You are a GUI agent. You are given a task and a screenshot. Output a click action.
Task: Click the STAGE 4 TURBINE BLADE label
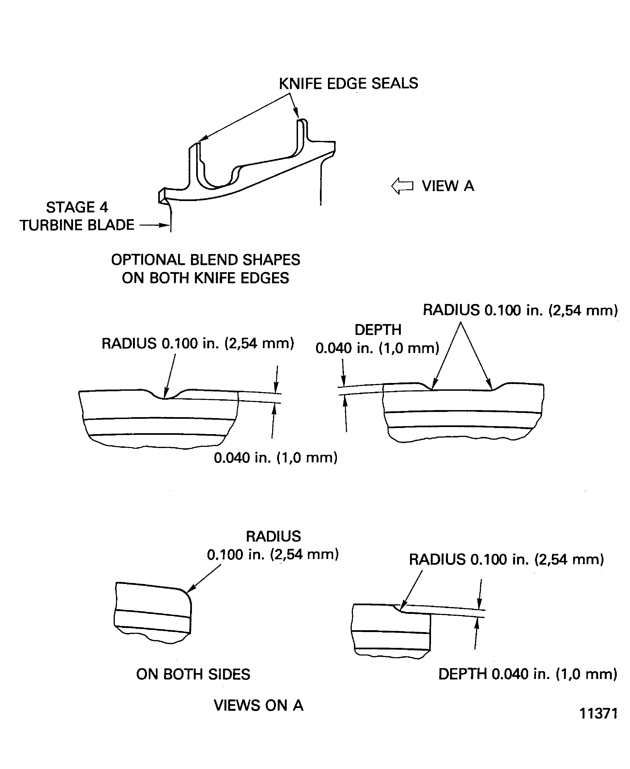coord(77,216)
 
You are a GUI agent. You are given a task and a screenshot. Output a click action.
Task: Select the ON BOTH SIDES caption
coord(193,674)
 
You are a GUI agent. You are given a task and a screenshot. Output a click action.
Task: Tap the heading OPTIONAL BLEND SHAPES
coord(205,260)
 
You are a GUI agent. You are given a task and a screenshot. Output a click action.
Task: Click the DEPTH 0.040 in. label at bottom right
coord(528,674)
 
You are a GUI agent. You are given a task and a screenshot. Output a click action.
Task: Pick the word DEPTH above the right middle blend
coord(378,330)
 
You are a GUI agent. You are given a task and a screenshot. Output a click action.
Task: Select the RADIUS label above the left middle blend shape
coord(198,343)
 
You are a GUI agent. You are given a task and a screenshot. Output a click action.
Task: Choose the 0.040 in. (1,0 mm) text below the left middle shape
coord(275,458)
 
